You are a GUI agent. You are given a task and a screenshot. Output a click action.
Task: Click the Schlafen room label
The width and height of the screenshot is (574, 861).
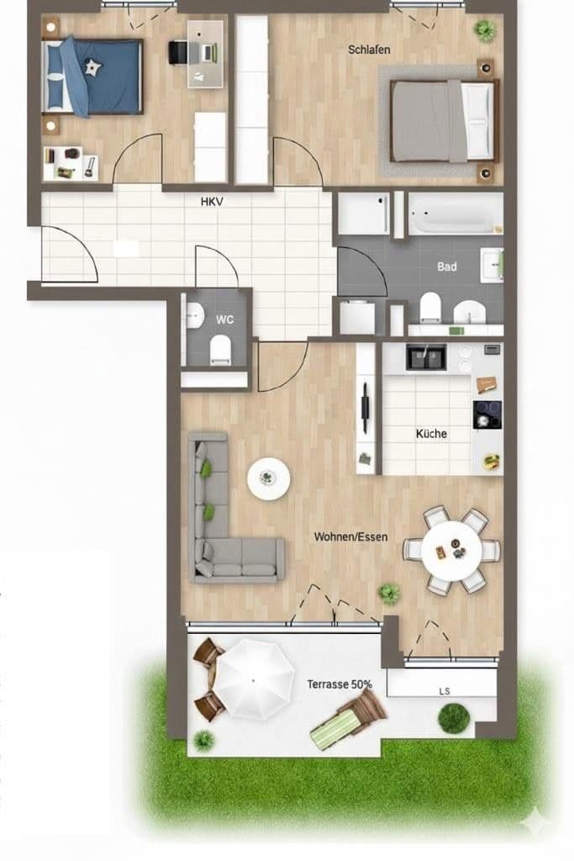(x=369, y=50)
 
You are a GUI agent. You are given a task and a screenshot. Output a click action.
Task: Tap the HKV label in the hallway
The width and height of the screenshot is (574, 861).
(x=211, y=202)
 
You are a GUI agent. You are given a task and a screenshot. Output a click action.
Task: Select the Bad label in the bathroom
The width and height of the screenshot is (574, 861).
(x=447, y=267)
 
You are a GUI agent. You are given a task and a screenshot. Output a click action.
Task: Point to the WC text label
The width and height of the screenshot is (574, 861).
(x=224, y=320)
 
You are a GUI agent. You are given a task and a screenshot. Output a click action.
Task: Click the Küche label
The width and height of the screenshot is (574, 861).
(x=431, y=434)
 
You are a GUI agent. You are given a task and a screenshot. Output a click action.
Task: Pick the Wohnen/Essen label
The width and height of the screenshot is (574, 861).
(x=350, y=536)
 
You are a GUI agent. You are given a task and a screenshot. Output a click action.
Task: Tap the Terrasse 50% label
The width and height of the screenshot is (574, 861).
(x=339, y=684)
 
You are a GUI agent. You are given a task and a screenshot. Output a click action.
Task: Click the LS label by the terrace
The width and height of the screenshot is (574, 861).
(x=444, y=691)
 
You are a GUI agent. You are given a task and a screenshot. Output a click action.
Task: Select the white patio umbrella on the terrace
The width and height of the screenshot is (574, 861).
(x=255, y=679)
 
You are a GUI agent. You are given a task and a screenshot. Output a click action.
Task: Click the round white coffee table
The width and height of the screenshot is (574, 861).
(x=268, y=479)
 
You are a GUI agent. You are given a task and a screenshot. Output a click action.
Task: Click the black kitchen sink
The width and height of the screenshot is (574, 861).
(x=427, y=357)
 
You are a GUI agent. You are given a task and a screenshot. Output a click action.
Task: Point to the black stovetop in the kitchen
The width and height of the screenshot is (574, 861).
(x=487, y=415)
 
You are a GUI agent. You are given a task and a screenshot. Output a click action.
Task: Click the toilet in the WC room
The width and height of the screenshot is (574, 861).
(x=219, y=348)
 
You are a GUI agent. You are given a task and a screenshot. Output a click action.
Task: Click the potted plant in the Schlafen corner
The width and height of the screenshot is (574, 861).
(x=484, y=29)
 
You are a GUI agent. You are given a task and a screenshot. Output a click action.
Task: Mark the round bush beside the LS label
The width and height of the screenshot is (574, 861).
(x=454, y=718)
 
